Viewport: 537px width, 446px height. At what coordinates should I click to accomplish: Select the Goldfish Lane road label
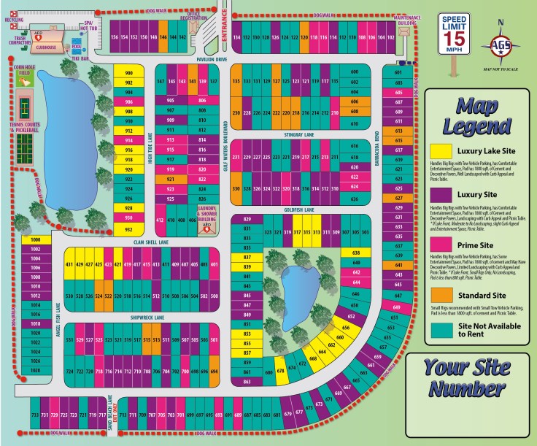299,209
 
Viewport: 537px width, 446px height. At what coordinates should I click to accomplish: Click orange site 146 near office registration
163,36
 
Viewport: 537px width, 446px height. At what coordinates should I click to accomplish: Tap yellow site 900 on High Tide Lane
129,74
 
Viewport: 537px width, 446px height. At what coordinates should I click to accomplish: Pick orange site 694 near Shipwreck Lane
214,372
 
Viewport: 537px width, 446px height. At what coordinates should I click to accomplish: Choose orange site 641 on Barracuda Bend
398,265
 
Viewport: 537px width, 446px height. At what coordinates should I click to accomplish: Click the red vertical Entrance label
225,43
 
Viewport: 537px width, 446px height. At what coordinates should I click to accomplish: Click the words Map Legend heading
478,115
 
